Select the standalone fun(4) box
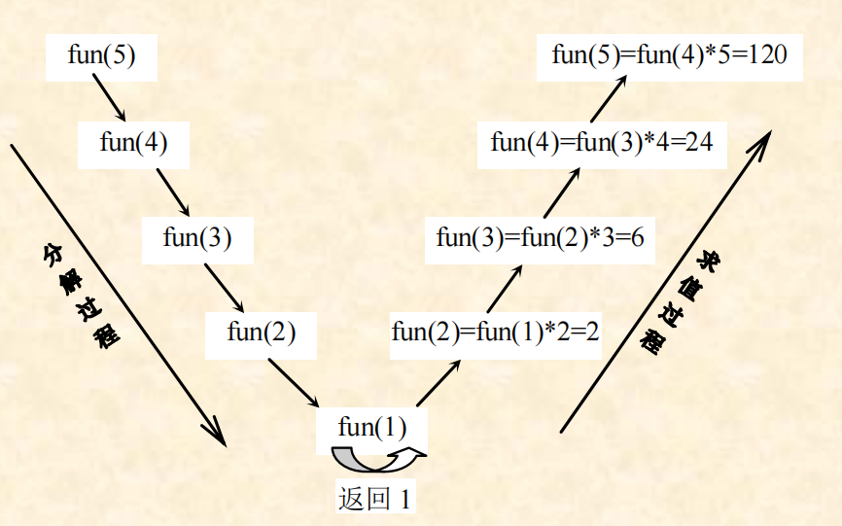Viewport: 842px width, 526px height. click(x=133, y=143)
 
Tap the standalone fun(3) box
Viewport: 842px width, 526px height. click(x=197, y=238)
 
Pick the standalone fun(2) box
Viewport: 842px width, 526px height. click(x=261, y=332)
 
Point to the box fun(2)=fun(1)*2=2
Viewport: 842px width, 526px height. click(x=495, y=332)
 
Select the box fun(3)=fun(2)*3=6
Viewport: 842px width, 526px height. click(x=541, y=237)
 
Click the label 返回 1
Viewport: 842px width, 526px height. click(x=374, y=498)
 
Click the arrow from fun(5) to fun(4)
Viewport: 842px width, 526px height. click(x=109, y=98)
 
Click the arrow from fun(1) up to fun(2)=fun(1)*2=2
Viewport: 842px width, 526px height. click(x=439, y=382)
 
